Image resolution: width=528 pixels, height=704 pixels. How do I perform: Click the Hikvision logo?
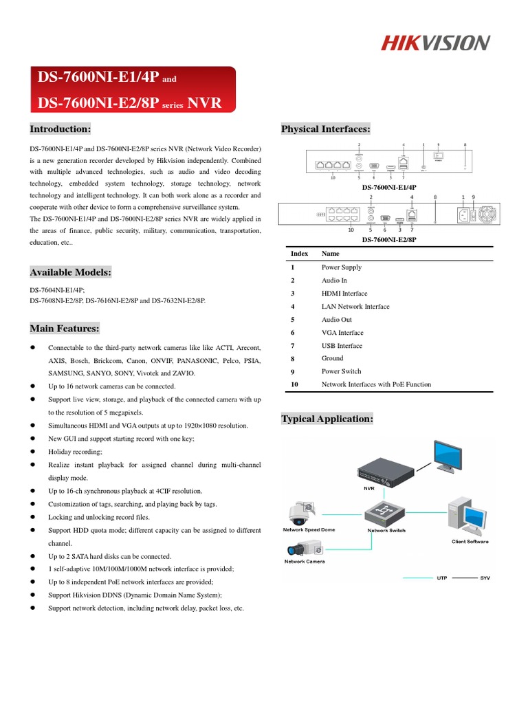436,43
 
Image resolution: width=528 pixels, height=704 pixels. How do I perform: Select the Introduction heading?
60,129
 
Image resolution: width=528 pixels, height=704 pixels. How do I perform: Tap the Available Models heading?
70,273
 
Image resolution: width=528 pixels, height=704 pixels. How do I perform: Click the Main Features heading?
65,328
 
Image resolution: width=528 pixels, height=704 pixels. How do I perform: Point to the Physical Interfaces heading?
326,129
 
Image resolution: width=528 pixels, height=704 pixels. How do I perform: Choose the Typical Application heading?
327,419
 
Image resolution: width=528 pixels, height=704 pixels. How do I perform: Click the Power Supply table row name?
341,267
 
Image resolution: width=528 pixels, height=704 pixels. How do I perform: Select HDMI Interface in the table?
344,294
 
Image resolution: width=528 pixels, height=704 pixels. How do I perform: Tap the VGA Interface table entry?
342,333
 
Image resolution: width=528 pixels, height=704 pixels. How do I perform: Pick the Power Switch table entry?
341,371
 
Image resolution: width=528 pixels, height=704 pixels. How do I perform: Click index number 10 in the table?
294,384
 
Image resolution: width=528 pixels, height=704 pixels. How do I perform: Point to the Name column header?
330,254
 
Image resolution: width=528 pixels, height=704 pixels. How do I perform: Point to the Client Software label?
470,542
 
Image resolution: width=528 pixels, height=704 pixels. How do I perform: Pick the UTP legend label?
442,578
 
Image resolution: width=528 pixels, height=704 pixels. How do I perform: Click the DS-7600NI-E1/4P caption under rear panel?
390,187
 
